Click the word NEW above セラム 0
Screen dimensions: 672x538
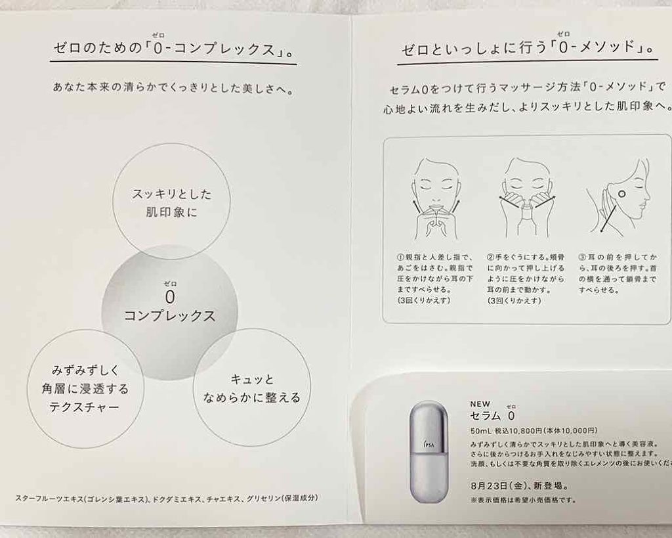click(x=480, y=404)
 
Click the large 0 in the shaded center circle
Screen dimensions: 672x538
click(x=170, y=297)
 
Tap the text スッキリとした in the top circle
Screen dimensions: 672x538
click(x=171, y=194)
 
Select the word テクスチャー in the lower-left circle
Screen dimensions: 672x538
click(x=84, y=407)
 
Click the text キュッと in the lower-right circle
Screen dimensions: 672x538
click(x=252, y=379)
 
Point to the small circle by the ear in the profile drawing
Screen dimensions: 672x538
click(x=621, y=194)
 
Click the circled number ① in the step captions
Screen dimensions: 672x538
click(x=401, y=258)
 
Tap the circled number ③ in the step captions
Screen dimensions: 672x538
click(x=582, y=258)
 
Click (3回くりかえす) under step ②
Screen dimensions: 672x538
click(x=514, y=301)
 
